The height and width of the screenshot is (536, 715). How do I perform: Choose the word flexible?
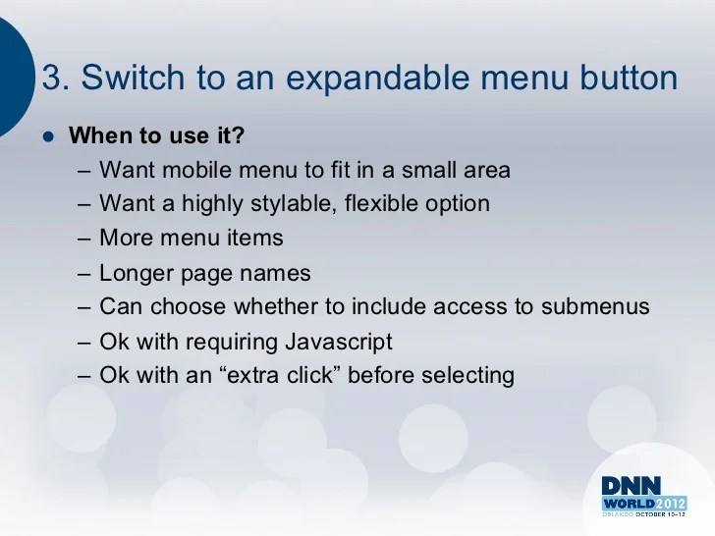[x=389, y=204]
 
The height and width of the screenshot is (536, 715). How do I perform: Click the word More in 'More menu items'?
[x=125, y=239]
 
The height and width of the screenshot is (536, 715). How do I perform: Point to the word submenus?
[x=600, y=307]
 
